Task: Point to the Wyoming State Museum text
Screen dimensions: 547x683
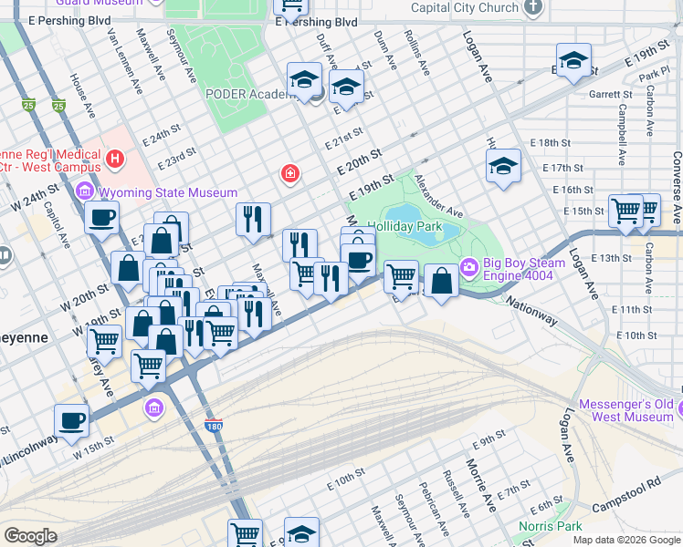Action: [168, 192]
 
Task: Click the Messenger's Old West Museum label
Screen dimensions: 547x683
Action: [626, 410]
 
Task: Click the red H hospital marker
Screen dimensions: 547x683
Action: [115, 160]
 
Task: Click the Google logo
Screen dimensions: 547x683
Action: [30, 536]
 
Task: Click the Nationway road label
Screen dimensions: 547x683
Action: [531, 313]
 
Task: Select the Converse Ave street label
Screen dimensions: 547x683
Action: [676, 188]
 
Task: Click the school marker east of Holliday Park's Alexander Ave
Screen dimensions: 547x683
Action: [502, 168]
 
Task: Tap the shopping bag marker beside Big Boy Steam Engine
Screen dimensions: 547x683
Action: [441, 281]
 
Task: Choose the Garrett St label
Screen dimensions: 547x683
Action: [611, 94]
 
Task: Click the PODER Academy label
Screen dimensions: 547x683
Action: [247, 94]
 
